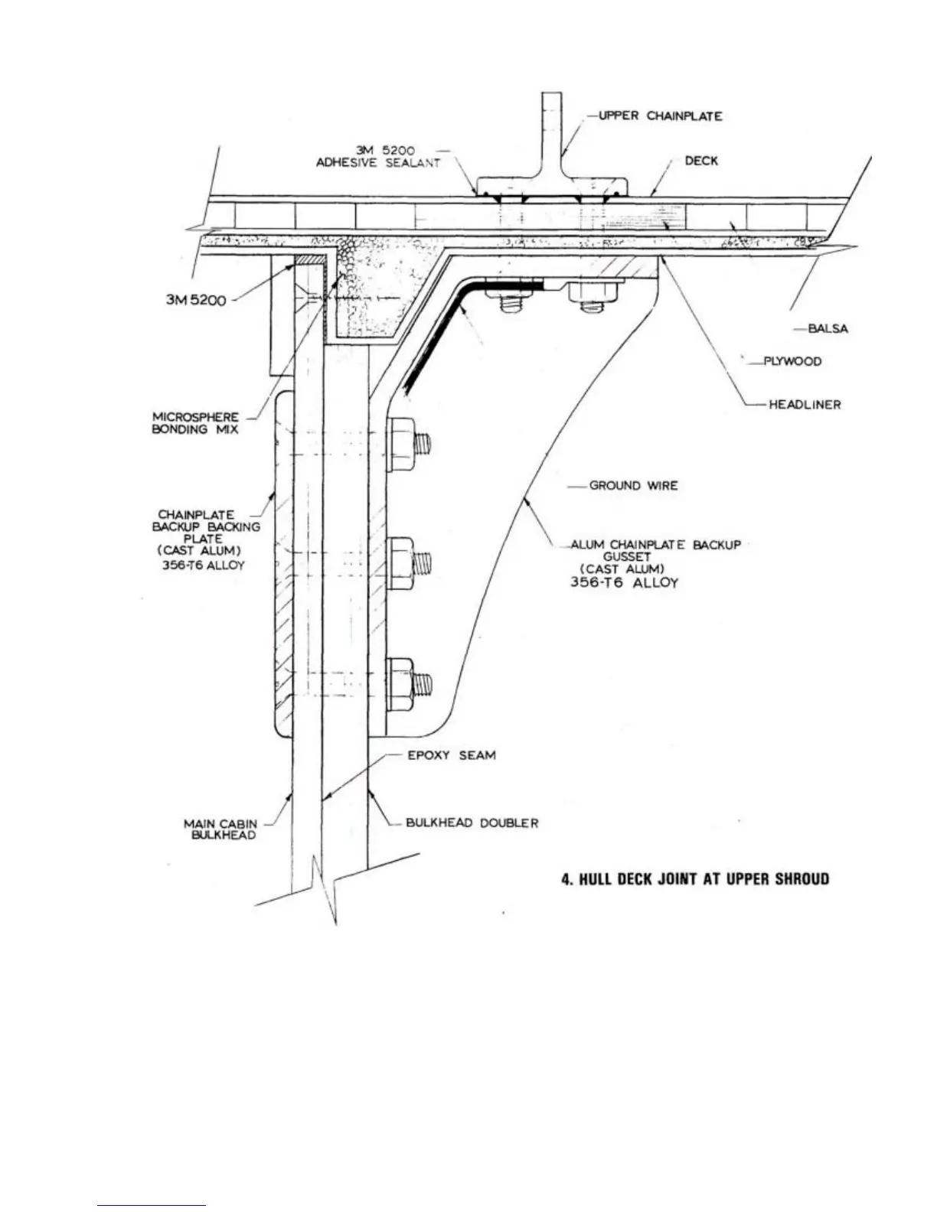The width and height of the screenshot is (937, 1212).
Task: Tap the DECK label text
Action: tap(701, 161)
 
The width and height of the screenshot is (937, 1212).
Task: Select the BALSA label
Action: tap(828, 329)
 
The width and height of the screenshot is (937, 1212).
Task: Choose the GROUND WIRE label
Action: tap(633, 486)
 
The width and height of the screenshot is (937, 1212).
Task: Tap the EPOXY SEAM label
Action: tap(451, 755)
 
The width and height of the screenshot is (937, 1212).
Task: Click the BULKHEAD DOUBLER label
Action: tap(472, 823)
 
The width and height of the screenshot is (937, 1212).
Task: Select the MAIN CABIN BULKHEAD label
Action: tap(220, 829)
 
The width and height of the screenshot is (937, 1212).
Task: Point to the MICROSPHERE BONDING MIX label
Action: tap(196, 423)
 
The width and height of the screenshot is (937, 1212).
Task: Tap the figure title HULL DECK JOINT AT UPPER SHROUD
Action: tap(695, 878)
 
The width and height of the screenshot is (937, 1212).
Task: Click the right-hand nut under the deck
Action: tap(596, 293)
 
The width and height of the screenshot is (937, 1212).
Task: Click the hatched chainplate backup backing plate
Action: tap(283, 566)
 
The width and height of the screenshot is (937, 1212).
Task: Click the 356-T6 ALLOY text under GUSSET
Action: tap(624, 582)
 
